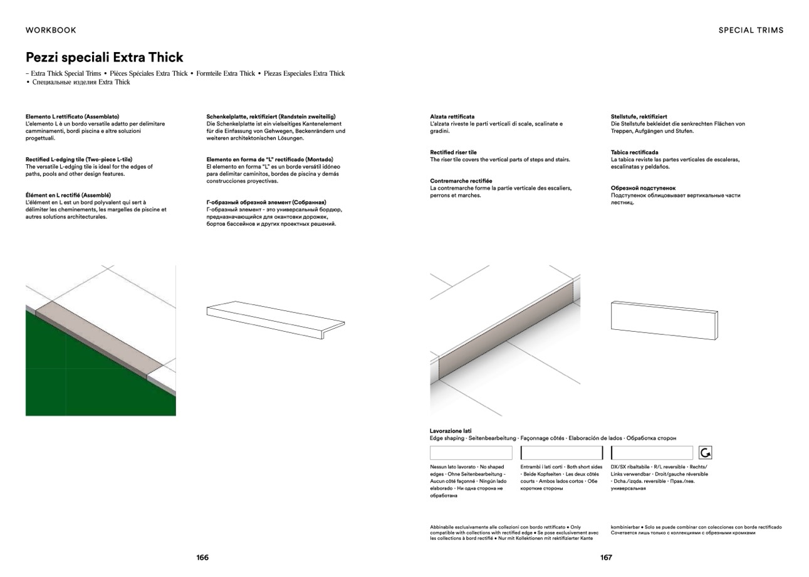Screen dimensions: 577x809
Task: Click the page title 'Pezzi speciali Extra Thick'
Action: pos(104,58)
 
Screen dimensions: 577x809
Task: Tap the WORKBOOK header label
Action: pos(51,30)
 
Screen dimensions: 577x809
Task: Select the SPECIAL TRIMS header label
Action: pos(751,30)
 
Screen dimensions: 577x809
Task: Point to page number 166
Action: pos(202,558)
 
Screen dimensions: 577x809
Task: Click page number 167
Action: pos(606,558)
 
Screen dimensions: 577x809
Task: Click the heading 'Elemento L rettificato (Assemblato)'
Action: pos(72,117)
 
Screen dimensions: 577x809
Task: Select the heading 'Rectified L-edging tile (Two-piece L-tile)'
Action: pos(79,159)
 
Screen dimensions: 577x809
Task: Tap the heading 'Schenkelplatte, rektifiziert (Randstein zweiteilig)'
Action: pos(271,117)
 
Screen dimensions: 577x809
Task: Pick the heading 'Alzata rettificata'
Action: pos(452,117)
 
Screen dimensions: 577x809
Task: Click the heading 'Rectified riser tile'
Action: pos(453,152)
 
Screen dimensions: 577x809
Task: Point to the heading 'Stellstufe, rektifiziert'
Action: pos(639,117)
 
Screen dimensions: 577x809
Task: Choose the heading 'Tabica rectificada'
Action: pos(634,152)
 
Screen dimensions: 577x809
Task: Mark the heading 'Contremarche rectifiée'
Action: pos(461,181)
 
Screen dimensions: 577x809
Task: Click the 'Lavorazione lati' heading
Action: pos(451,431)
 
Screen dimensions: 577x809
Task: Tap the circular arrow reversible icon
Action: pos(705,453)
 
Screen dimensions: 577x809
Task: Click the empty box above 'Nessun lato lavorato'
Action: pos(471,453)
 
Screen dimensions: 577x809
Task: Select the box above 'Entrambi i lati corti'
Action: pos(561,453)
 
